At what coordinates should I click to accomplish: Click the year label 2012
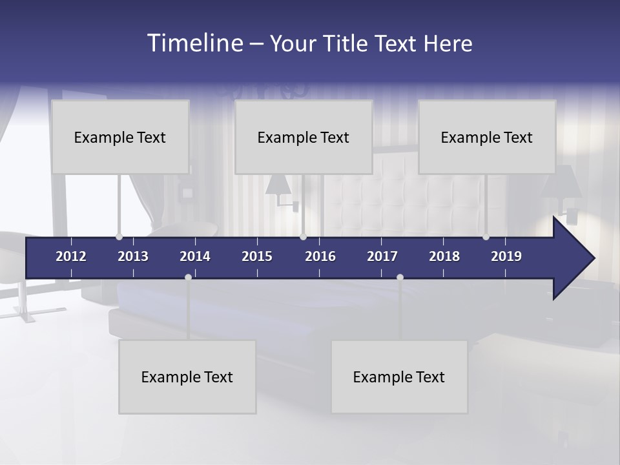(x=71, y=256)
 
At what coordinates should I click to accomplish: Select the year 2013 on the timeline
(x=133, y=256)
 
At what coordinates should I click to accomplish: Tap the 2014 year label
(x=195, y=256)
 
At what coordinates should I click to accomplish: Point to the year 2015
(x=257, y=256)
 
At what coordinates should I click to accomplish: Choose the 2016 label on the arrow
(x=320, y=256)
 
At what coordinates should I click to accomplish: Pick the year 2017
(x=382, y=256)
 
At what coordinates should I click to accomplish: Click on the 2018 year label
(x=444, y=256)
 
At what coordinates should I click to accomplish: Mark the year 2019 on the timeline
(x=506, y=256)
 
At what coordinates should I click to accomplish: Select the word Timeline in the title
(x=194, y=43)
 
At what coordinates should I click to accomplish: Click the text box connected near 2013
(x=120, y=137)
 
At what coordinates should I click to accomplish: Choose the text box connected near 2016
(x=304, y=137)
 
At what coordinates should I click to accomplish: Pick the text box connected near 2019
(x=487, y=137)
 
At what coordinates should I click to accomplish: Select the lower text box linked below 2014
(x=187, y=377)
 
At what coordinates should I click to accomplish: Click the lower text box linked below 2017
(x=399, y=377)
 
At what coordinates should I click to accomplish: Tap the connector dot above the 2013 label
(x=119, y=237)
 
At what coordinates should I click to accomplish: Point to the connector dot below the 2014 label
(x=188, y=277)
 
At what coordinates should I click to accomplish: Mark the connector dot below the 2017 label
(x=400, y=277)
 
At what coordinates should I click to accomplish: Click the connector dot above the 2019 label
(x=486, y=237)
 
